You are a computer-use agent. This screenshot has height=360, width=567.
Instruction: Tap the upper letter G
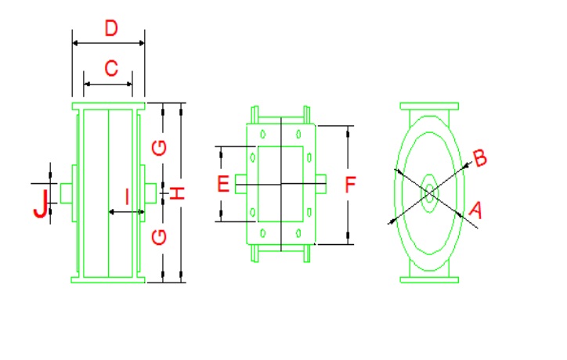(x=160, y=146)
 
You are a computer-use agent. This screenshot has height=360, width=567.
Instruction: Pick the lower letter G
(x=160, y=236)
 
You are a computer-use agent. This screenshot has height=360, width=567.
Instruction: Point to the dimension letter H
(x=179, y=192)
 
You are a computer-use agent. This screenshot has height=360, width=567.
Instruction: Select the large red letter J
(x=40, y=203)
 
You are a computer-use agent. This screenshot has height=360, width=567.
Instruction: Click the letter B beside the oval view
(x=480, y=158)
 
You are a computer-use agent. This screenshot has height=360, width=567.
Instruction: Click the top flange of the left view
(x=108, y=106)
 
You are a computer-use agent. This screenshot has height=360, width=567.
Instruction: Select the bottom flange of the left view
(x=108, y=279)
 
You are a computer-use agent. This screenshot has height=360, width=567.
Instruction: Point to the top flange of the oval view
(x=429, y=106)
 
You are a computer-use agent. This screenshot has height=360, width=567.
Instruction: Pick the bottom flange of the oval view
(x=429, y=279)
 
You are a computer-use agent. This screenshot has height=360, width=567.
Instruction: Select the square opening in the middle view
(x=280, y=184)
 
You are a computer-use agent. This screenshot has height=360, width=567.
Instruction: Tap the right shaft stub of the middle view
(x=321, y=184)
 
